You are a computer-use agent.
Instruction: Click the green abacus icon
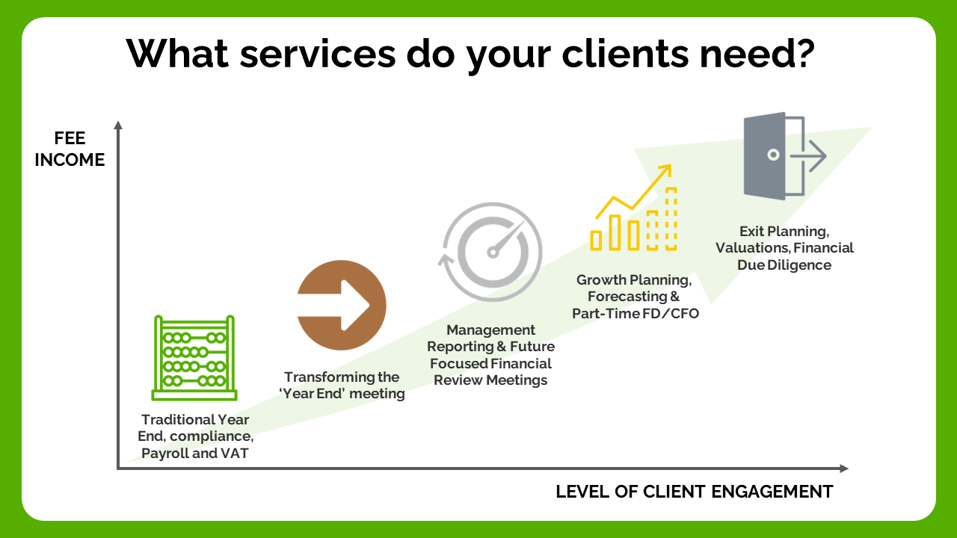pyautogui.click(x=194, y=358)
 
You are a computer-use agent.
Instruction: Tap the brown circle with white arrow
pyautogui.click(x=342, y=305)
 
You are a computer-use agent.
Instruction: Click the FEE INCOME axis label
pyautogui.click(x=70, y=149)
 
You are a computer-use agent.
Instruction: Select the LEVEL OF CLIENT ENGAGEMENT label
pyautogui.click(x=694, y=492)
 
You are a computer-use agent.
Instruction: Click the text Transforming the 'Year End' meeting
pyautogui.click(x=343, y=386)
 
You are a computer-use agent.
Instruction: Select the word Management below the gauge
pyautogui.click(x=491, y=330)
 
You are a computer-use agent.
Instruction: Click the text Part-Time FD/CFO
pyautogui.click(x=635, y=314)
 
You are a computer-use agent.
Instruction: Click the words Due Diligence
pyautogui.click(x=790, y=265)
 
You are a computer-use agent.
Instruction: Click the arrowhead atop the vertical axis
pyautogui.click(x=117, y=125)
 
